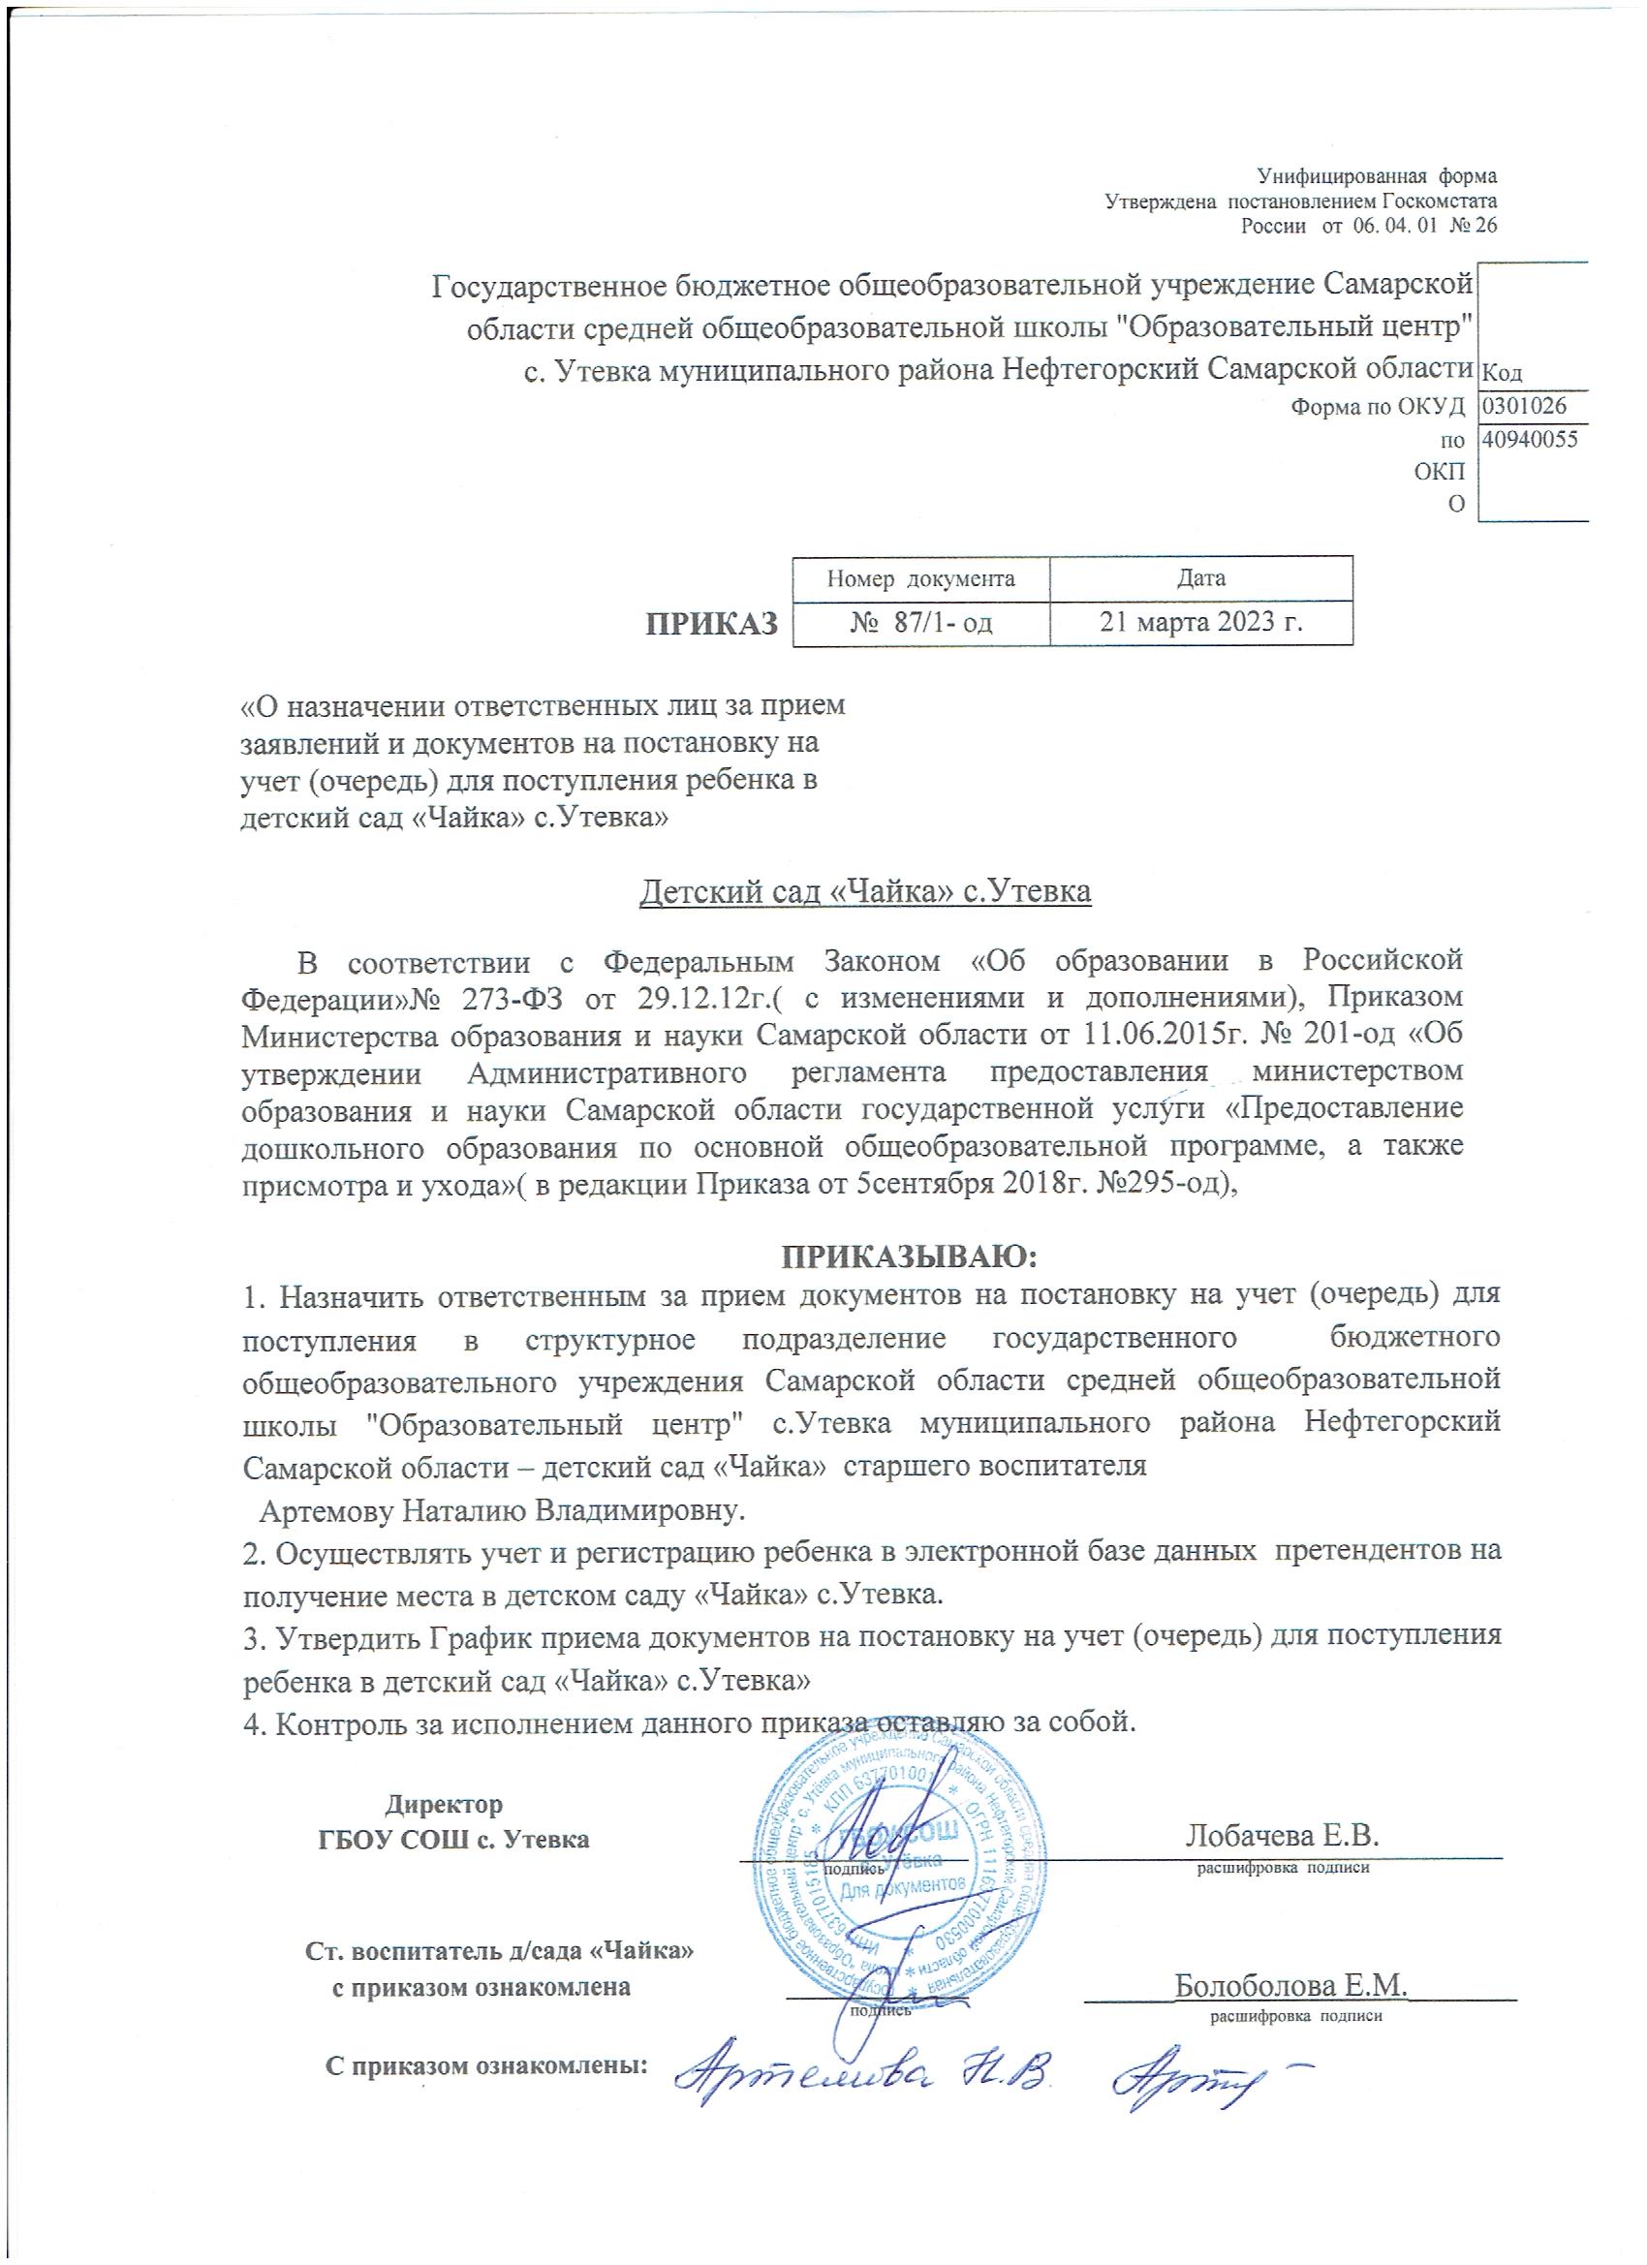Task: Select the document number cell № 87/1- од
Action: coord(921,622)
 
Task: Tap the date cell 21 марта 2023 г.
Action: coord(1201,622)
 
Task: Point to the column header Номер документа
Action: coord(921,578)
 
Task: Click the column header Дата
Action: coord(1201,578)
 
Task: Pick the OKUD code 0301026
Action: coord(1523,406)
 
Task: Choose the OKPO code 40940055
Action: coord(1529,439)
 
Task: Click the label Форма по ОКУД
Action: coord(1378,407)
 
